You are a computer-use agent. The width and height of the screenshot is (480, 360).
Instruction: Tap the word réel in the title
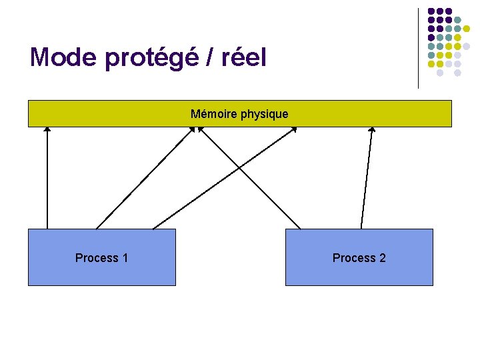(245, 57)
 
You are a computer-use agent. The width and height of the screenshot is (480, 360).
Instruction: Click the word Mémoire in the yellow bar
(213, 114)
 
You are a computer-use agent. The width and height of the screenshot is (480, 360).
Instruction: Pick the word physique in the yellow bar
(265, 115)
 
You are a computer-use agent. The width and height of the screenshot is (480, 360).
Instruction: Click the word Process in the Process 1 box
(96, 258)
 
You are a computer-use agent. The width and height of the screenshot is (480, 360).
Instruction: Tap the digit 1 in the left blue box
(125, 258)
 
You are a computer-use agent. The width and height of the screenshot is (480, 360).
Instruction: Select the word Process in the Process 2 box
(353, 258)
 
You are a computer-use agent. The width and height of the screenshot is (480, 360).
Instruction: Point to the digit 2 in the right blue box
(383, 258)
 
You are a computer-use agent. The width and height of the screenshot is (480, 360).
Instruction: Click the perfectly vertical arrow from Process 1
(47, 180)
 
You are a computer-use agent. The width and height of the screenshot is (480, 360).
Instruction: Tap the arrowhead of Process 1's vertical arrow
(47, 130)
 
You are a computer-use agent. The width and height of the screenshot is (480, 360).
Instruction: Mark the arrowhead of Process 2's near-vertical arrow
(372, 130)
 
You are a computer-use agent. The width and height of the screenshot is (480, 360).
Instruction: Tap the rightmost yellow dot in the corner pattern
(476, 29)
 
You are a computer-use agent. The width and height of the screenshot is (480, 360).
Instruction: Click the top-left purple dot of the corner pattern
(431, 11)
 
